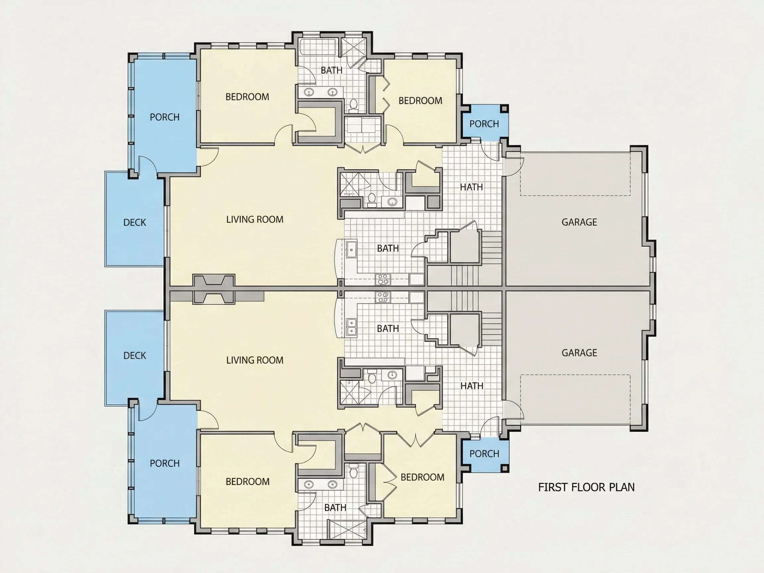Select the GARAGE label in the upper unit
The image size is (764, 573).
click(x=579, y=222)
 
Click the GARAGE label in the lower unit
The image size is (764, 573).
click(x=579, y=352)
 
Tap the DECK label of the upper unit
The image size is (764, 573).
click(x=135, y=223)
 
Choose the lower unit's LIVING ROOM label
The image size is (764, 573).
click(x=255, y=360)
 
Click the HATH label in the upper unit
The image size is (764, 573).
click(x=472, y=187)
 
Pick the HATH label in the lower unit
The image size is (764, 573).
click(x=472, y=386)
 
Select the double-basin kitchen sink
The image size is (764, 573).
click(x=351, y=327)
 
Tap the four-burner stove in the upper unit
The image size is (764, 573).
click(x=383, y=279)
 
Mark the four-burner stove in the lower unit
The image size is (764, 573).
click(x=383, y=297)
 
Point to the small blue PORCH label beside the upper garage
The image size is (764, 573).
click(x=484, y=124)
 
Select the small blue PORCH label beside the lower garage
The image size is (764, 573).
click(x=484, y=454)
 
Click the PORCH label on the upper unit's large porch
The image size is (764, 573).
click(x=165, y=117)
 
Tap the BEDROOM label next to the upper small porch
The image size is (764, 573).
click(x=420, y=100)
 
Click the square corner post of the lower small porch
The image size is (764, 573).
click(x=505, y=468)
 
